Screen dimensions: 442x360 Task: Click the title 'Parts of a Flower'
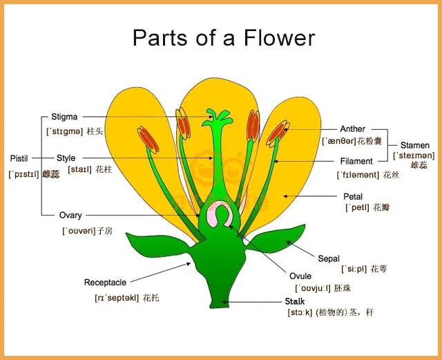click(224, 37)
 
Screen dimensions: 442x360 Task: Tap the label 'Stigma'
click(64, 117)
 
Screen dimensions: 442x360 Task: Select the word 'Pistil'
click(19, 158)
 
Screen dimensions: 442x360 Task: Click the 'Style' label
click(66, 158)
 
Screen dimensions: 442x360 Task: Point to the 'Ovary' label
click(70, 216)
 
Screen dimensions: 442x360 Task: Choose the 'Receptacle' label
click(105, 283)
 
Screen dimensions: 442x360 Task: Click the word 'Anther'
click(352, 129)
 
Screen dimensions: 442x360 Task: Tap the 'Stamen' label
click(415, 145)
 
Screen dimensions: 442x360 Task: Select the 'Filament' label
click(356, 161)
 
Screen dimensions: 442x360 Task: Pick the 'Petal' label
click(353, 196)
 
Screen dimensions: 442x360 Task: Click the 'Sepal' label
click(329, 258)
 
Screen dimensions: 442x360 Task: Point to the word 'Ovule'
click(300, 276)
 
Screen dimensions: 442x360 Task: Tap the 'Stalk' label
click(295, 301)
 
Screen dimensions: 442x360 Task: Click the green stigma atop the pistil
click(218, 118)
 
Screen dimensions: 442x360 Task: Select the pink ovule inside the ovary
click(220, 214)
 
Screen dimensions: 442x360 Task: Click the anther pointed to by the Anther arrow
click(278, 133)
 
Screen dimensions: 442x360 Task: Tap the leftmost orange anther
click(148, 140)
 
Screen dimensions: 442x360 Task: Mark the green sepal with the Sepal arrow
click(278, 239)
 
